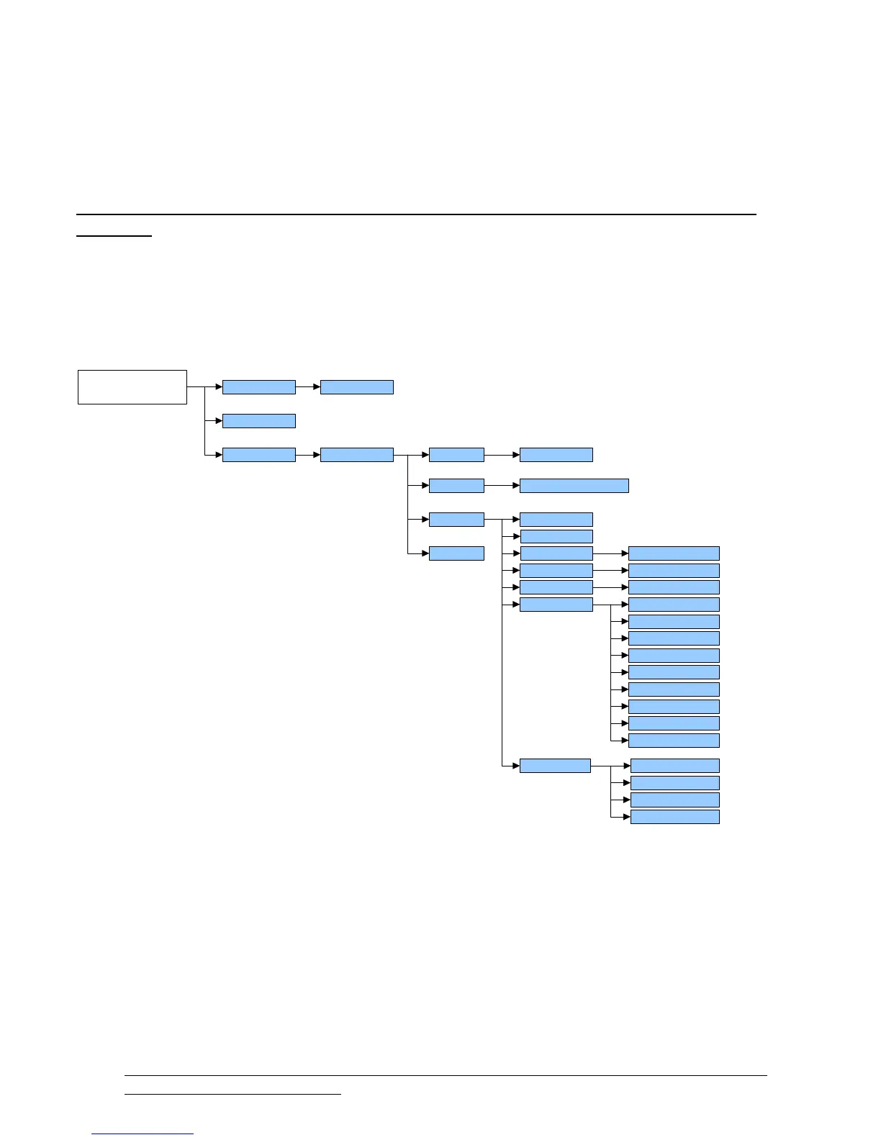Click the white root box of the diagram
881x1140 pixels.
tap(132, 387)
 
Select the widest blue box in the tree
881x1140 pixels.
tap(574, 486)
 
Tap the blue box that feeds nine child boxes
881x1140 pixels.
tap(556, 605)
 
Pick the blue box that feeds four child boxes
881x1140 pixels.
tap(555, 766)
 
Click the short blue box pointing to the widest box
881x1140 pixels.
tap(456, 486)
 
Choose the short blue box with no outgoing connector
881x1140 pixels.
tap(456, 553)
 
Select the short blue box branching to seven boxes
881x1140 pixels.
tap(456, 520)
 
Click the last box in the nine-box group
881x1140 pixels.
tap(674, 741)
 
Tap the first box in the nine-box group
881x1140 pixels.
tap(674, 605)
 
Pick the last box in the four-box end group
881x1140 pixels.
tap(674, 817)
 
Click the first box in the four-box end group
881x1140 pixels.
tap(674, 766)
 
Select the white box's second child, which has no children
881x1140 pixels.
tap(258, 421)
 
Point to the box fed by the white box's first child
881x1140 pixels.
tap(356, 387)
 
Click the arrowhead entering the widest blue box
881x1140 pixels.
tap(515, 486)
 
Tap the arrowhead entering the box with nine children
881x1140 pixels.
tap(515, 605)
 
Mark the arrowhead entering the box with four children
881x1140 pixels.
tap(515, 766)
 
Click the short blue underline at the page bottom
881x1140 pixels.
tap(143, 1134)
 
